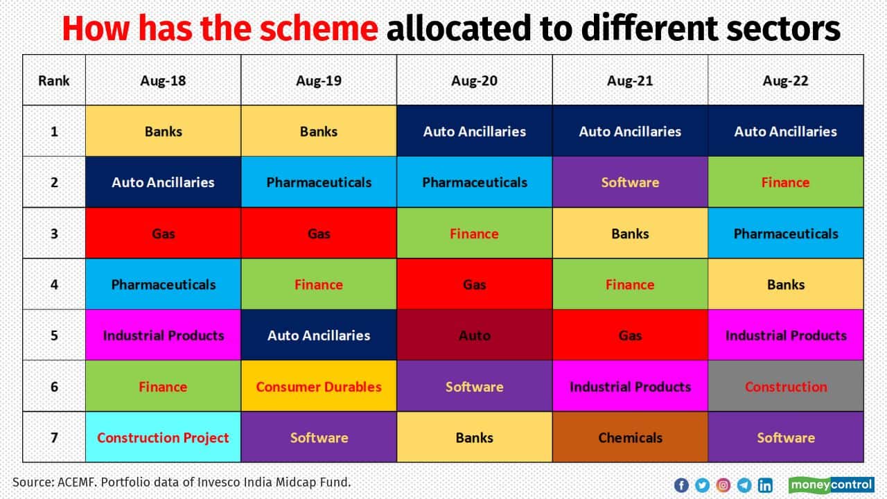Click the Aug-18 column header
(163, 80)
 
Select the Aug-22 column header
(785, 80)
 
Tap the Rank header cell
(54, 80)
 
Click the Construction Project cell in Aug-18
(163, 437)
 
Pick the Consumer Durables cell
(319, 387)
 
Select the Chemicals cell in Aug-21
(630, 437)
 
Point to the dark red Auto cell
(474, 335)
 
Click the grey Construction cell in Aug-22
(785, 387)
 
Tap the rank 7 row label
(54, 437)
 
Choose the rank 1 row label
(54, 131)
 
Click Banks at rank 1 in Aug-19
(319, 131)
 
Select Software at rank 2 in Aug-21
(630, 182)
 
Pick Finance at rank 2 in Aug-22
(785, 182)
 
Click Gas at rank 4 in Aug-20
(474, 284)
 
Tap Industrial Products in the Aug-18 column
(163, 335)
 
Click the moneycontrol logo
(831, 484)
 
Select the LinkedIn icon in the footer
(765, 485)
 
